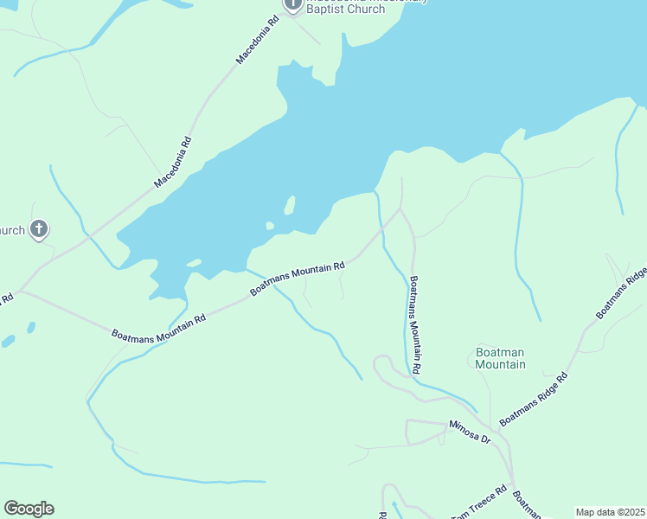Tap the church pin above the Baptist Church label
point(292,4)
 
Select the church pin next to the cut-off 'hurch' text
point(38,229)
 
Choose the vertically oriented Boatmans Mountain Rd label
point(415,324)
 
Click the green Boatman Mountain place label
point(500,358)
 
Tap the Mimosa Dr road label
point(469,432)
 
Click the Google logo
point(29,509)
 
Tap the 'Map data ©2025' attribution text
point(611,512)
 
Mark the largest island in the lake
point(290,205)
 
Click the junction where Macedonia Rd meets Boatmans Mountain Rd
point(19,292)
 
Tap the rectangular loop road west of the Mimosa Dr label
point(426,431)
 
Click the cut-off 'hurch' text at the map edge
point(12,230)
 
